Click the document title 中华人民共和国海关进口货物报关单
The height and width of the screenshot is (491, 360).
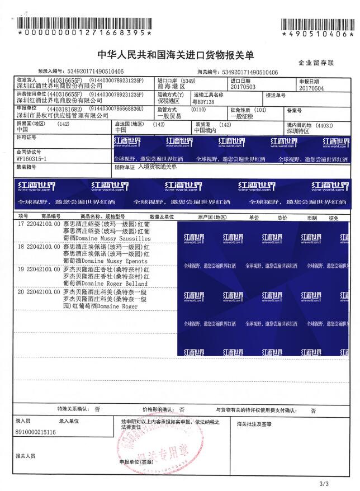click(176, 55)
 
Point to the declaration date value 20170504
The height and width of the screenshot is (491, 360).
click(311, 88)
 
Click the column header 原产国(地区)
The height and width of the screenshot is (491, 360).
click(212, 216)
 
